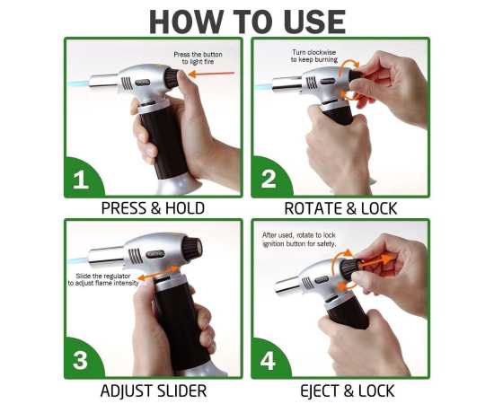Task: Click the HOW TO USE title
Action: pos(247,20)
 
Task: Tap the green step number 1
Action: pos(81,179)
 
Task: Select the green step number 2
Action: pos(269,179)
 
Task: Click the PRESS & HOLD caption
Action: pos(153,208)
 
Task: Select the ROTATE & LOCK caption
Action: pos(340,208)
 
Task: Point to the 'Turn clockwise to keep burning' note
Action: pos(312,57)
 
